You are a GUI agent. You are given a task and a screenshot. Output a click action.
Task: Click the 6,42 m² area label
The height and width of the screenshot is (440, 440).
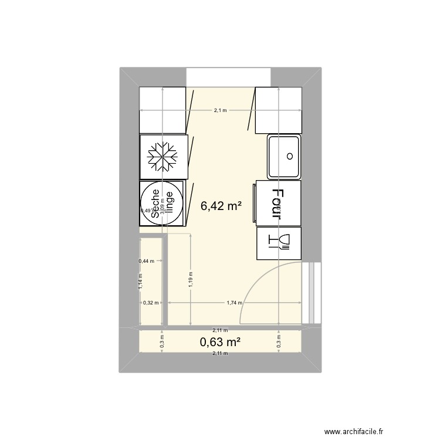[221, 206]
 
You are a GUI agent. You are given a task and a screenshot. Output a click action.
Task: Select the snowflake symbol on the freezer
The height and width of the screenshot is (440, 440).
[163, 157]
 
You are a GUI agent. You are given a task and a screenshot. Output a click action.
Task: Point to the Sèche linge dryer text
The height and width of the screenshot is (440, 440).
[162, 203]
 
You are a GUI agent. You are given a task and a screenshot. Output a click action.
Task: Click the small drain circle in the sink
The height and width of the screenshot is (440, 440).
[289, 156]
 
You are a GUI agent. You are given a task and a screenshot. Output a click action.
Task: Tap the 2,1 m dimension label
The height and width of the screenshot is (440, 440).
[221, 110]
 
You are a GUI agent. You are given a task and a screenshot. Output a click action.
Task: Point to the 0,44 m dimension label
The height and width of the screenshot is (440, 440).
[146, 262]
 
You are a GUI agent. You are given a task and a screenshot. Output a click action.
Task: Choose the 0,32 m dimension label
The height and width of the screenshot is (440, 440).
[151, 303]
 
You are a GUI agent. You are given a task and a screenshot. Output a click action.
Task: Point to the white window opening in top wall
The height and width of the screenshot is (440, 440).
[228, 77]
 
